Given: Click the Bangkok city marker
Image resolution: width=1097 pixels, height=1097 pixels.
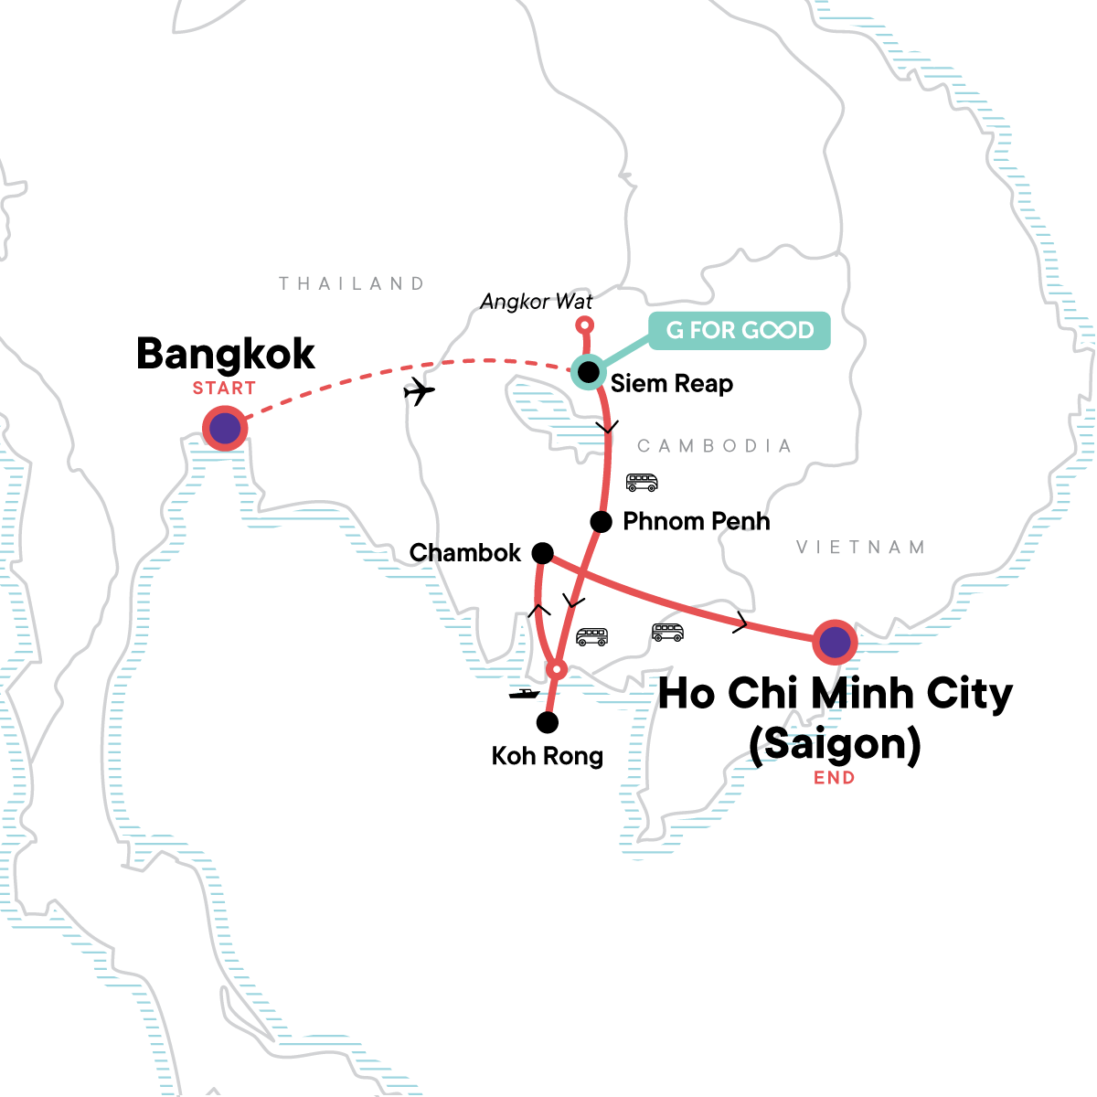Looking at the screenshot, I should [225, 428].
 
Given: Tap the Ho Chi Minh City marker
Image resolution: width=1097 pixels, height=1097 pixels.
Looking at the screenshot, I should [834, 643].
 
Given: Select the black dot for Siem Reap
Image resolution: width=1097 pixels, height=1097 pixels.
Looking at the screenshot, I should [588, 372].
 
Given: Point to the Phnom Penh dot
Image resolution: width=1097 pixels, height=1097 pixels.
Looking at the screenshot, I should [601, 522].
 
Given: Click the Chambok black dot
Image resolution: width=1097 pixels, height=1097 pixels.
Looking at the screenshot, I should [542, 553].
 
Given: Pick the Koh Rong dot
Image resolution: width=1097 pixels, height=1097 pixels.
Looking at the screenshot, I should [547, 723].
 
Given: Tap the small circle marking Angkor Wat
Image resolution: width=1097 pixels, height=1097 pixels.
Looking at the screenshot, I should [585, 325].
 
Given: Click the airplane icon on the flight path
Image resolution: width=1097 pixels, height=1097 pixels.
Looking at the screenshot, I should [419, 392].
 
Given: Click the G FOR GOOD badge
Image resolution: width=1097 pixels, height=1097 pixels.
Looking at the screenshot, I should [740, 330].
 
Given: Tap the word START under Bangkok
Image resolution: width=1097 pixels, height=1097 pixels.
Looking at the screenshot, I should [224, 389].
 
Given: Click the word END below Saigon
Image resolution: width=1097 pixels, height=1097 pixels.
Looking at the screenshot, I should [835, 778].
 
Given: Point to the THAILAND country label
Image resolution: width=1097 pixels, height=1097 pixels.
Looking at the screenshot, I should [352, 283].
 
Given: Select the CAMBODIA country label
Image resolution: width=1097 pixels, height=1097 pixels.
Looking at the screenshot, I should [714, 446].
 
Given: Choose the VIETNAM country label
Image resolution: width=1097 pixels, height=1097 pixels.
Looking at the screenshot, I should [860, 548].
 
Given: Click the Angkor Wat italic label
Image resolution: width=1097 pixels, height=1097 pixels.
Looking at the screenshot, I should [537, 302].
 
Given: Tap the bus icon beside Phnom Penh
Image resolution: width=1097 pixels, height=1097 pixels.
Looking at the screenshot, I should [642, 482].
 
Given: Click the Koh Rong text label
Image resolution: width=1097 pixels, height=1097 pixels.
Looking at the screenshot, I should [548, 756].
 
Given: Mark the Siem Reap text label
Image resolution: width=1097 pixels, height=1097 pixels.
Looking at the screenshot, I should [672, 384].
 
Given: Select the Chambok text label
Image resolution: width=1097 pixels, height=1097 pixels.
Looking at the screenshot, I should [465, 553].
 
